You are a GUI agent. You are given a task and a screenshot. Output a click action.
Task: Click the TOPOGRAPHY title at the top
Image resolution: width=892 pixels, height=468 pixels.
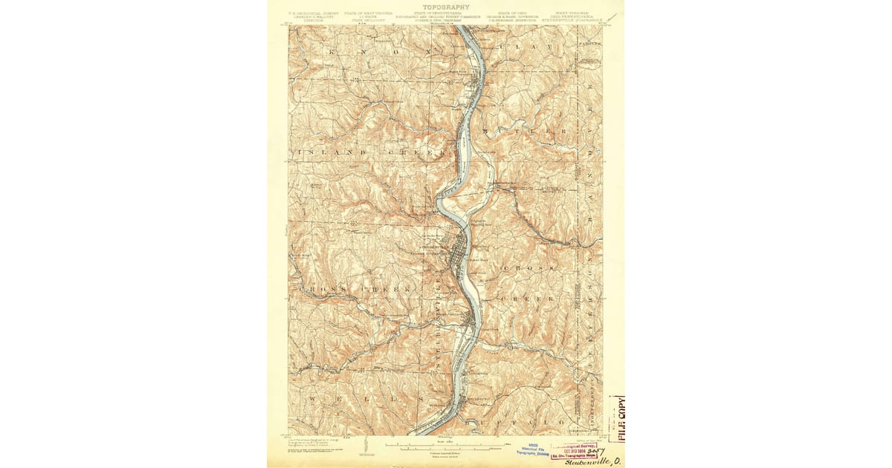tap(445, 7)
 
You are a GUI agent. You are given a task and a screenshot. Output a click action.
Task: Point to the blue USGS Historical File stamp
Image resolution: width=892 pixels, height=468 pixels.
tap(533, 449)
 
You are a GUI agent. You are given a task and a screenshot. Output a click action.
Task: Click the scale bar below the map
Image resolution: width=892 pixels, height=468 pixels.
tap(446, 447)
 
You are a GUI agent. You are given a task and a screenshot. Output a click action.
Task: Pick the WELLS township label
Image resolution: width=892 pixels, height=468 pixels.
tap(364, 399)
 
